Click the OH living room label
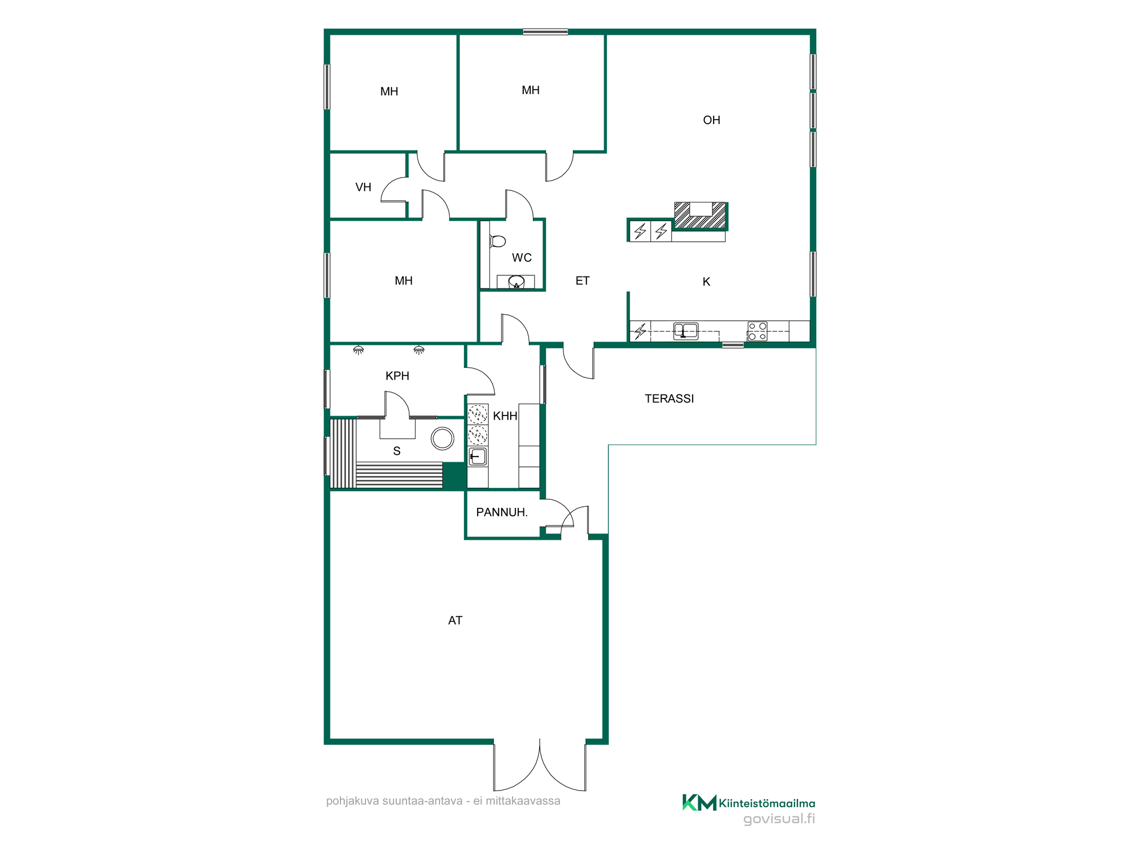(711, 120)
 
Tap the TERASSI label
(669, 399)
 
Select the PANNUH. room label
(502, 512)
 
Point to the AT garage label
(455, 621)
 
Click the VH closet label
(363, 188)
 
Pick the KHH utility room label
(505, 416)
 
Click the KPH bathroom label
(397, 376)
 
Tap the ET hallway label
(583, 281)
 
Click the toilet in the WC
(497, 242)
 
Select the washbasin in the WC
(516, 282)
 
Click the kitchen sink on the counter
(686, 331)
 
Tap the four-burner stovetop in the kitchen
(758, 331)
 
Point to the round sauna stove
(443, 439)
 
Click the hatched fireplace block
(700, 215)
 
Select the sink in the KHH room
(478, 457)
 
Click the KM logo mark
(699, 803)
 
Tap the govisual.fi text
(779, 819)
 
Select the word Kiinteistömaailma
(767, 804)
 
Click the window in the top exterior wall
(545, 32)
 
